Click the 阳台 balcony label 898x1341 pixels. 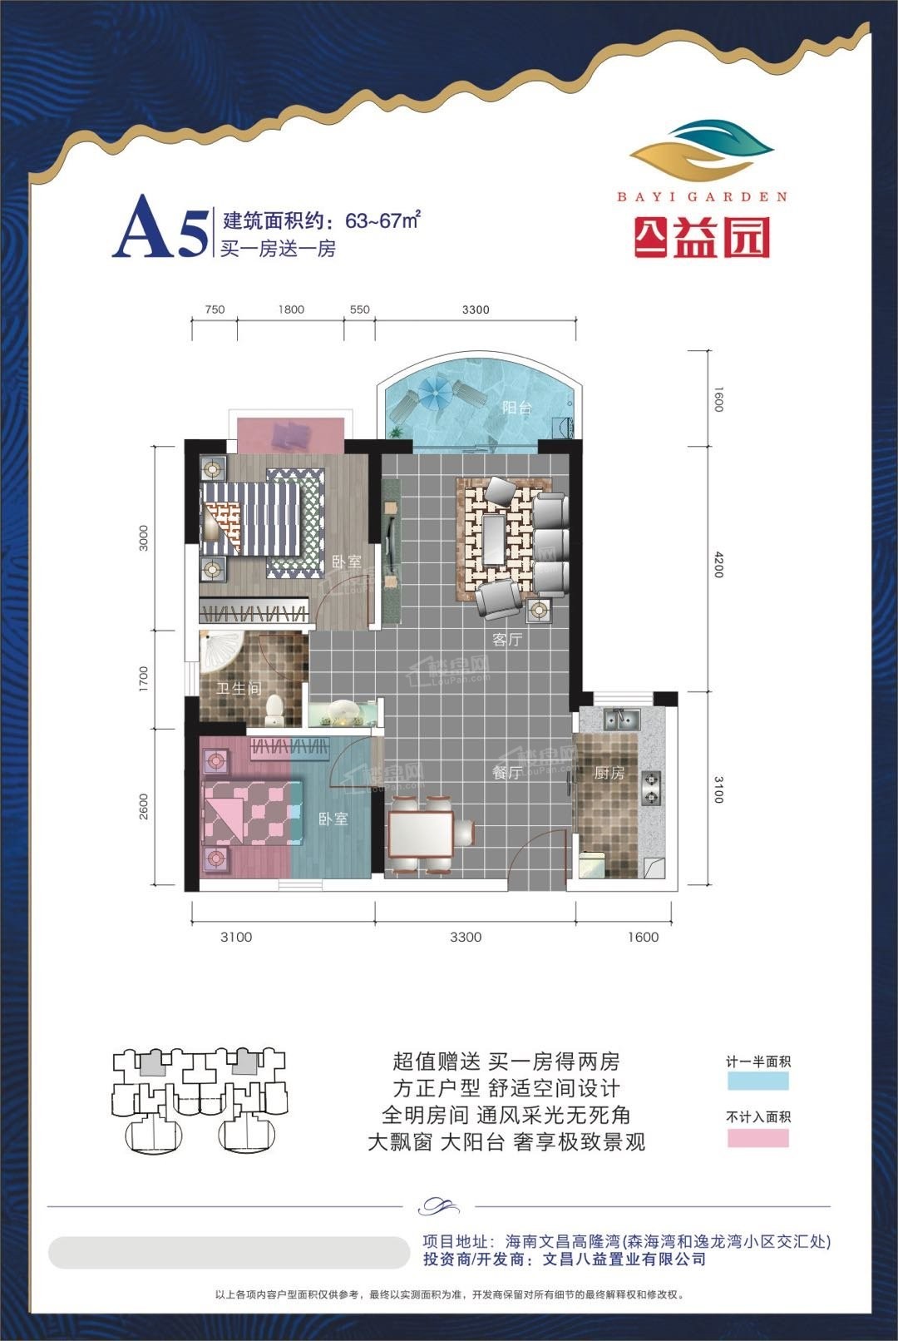point(516,408)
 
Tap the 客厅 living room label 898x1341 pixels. point(507,640)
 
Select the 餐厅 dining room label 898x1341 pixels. point(507,773)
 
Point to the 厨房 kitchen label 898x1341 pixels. point(609,774)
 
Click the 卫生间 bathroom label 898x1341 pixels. point(239,689)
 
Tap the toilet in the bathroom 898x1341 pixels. point(274,710)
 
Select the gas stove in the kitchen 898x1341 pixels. point(651,787)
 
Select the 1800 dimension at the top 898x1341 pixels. point(291,309)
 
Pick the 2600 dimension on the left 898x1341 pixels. point(143,806)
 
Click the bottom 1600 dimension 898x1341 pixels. point(643,937)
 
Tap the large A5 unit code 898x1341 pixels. point(160,226)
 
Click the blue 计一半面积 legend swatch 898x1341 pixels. point(758,1081)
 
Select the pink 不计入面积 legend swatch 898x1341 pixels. point(758,1137)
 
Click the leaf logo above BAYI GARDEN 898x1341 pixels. point(702,152)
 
